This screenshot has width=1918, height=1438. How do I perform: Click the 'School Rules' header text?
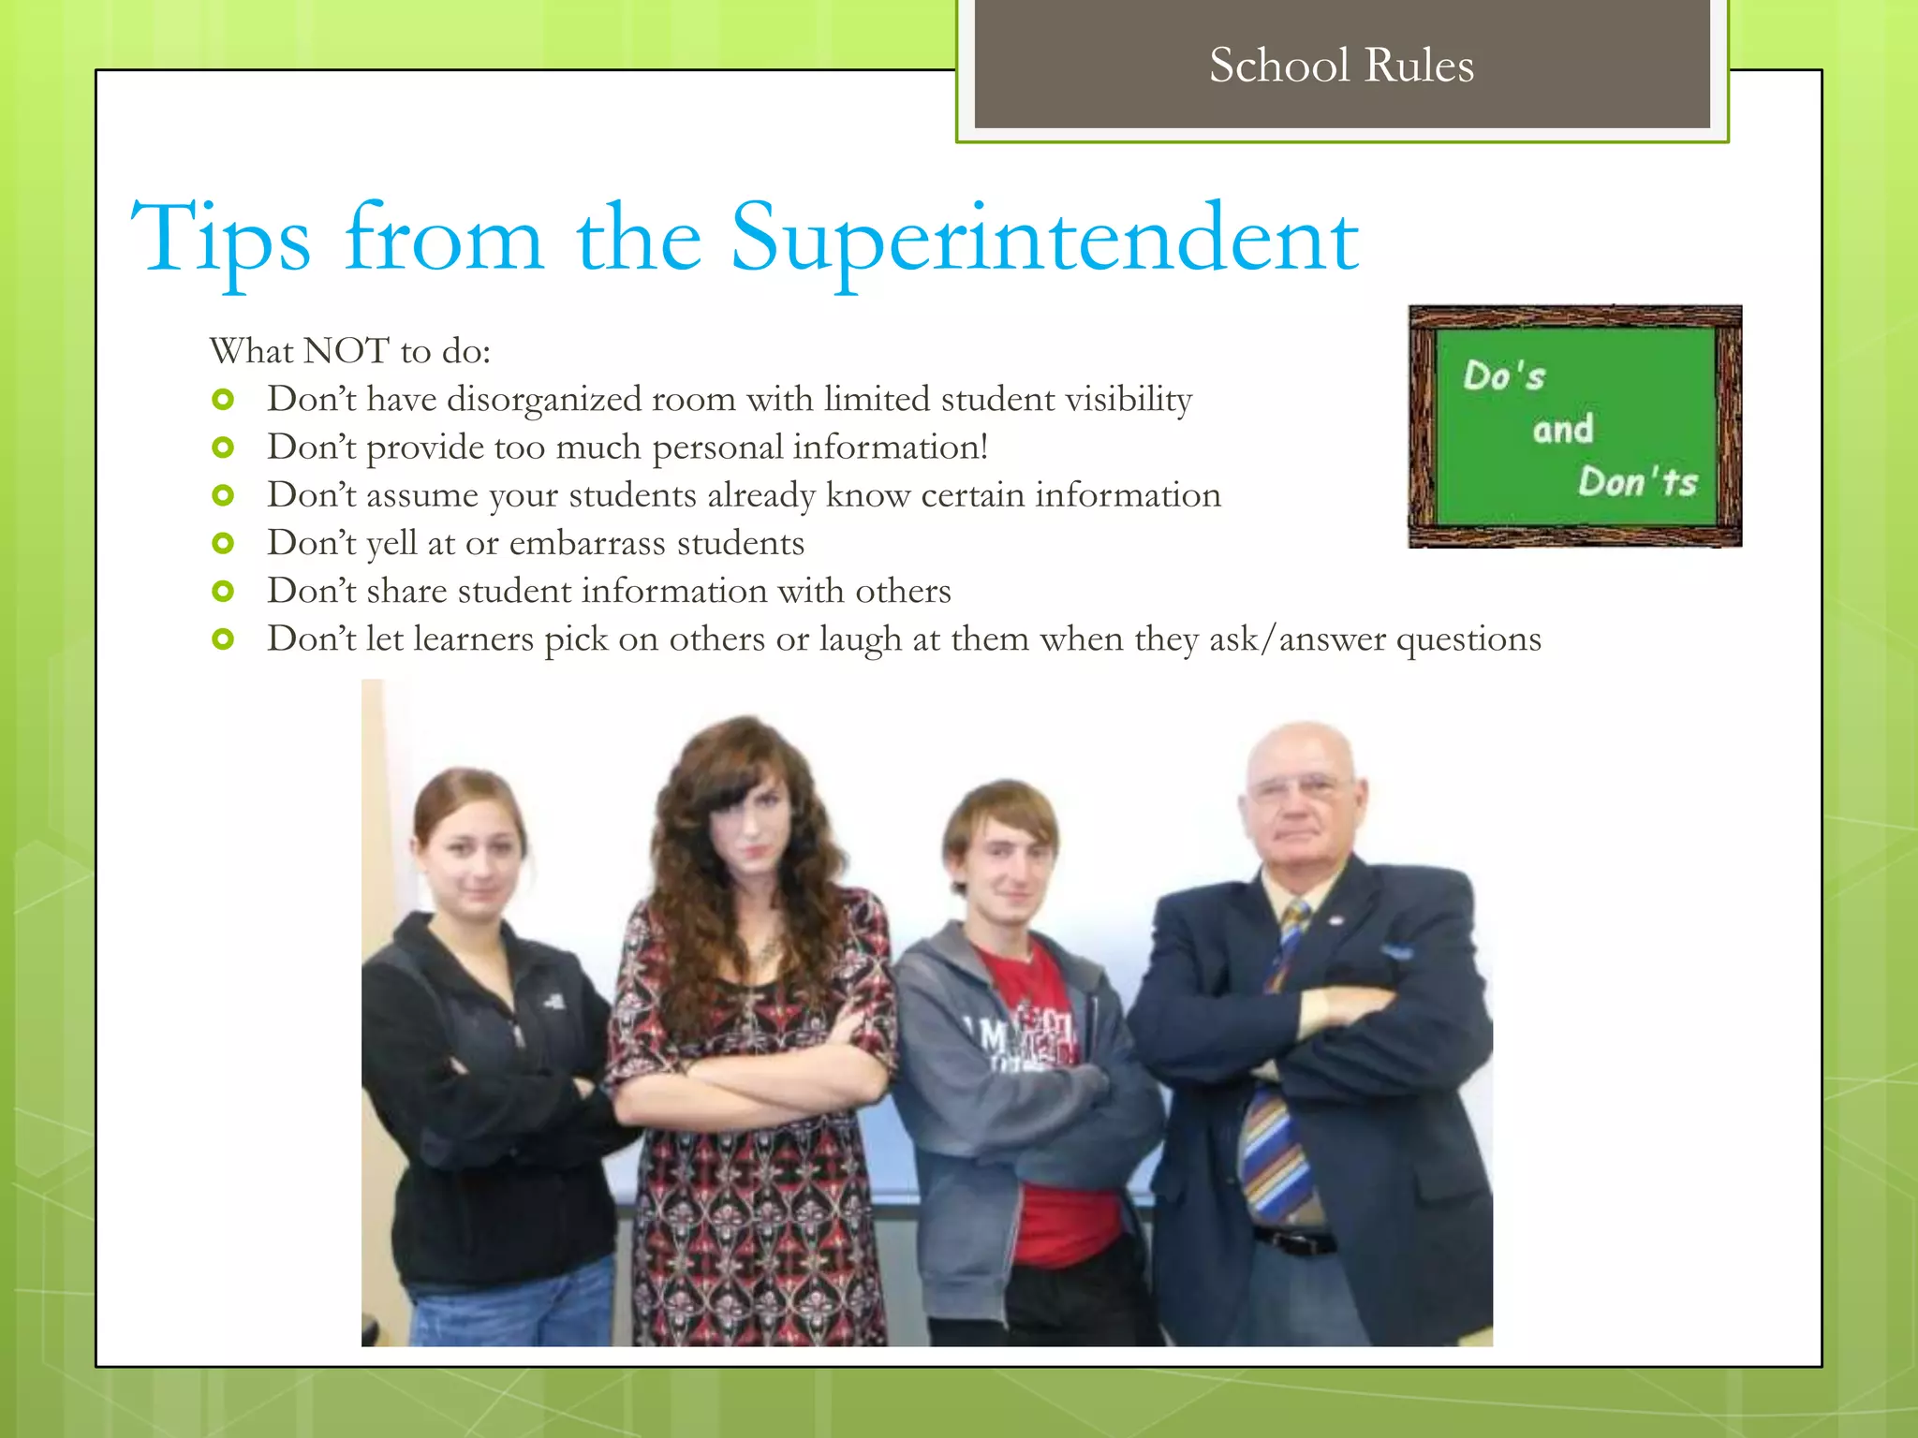click(x=1341, y=66)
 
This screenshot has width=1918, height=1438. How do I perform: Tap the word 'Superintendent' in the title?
click(x=1044, y=240)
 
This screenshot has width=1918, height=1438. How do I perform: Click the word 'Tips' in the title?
click(x=221, y=240)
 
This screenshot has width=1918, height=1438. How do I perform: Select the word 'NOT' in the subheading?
click(x=346, y=351)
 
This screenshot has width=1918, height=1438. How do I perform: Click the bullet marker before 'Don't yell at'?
click(x=223, y=543)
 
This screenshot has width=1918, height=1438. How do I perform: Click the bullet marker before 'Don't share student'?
click(x=223, y=591)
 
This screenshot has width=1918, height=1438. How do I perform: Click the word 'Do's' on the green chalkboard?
click(x=1504, y=376)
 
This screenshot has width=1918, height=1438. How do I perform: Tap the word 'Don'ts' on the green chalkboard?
click(x=1637, y=482)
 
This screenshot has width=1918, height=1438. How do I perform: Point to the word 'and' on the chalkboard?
click(x=1563, y=430)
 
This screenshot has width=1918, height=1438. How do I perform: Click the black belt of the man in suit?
click(x=1296, y=1241)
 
